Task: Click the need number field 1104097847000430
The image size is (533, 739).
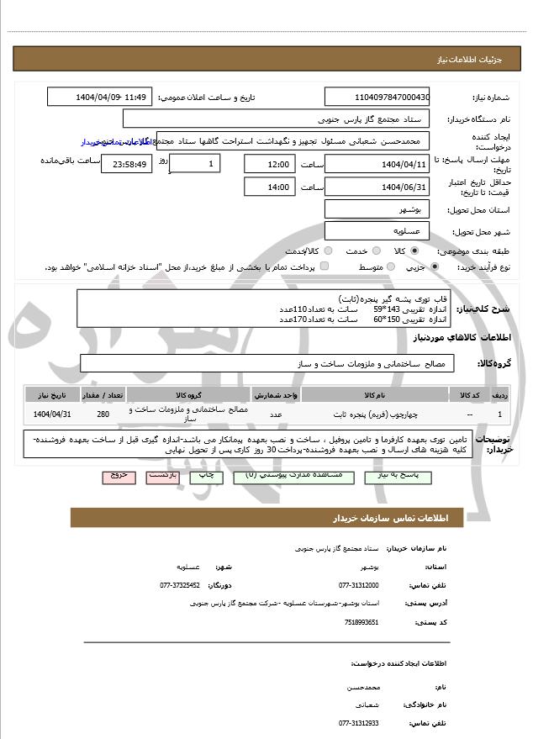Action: click(377, 97)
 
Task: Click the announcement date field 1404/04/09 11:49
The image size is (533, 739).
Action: click(100, 97)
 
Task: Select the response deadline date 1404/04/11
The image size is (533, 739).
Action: click(377, 163)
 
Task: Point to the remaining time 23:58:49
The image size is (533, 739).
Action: click(126, 163)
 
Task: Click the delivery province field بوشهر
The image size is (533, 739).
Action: click(377, 209)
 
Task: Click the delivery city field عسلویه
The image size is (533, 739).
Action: click(377, 230)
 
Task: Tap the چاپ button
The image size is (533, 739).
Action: click(204, 476)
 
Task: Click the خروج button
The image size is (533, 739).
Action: click(119, 476)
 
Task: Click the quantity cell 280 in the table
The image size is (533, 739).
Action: click(103, 414)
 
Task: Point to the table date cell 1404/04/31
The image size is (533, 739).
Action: click(52, 414)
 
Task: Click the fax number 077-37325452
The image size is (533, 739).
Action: click(180, 584)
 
